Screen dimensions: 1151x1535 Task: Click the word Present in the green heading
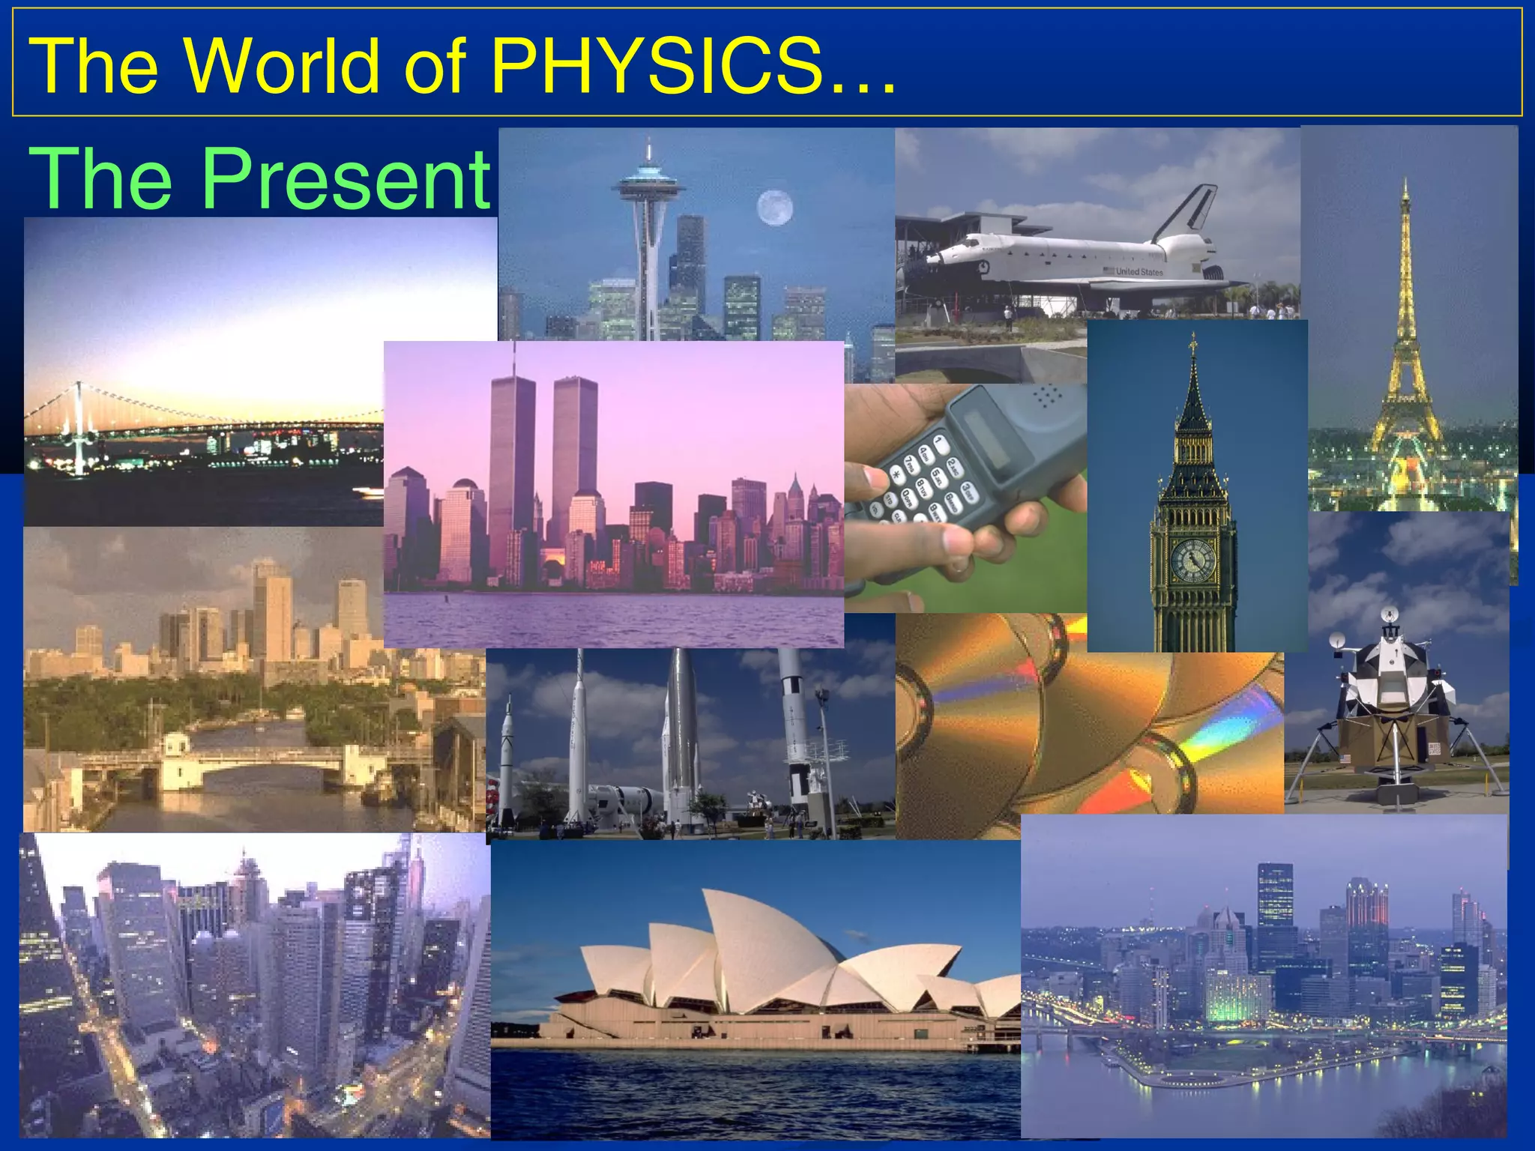[x=346, y=178]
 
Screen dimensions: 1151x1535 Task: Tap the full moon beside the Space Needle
[x=774, y=208]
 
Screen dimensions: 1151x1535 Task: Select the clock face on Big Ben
[x=1192, y=560]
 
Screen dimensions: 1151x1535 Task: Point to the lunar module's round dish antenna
[x=1337, y=641]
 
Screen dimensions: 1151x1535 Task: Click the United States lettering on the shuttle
[x=1139, y=272]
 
